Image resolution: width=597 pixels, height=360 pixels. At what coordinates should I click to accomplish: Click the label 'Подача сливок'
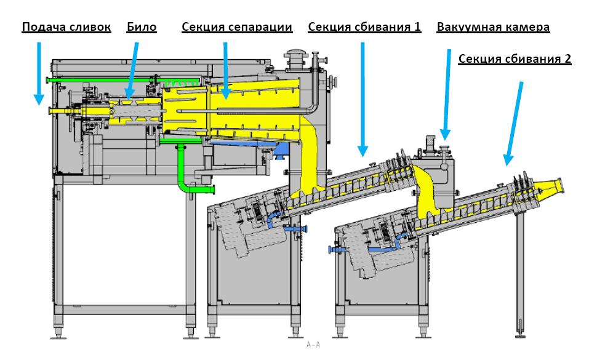tap(66, 27)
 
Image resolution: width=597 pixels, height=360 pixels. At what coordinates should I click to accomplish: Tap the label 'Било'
tap(142, 27)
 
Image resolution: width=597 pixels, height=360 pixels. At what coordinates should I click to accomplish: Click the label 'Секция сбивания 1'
tap(364, 27)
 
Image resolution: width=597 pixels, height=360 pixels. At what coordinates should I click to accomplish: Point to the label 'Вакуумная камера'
tap(493, 27)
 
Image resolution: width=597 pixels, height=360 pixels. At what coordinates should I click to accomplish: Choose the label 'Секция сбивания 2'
tap(515, 59)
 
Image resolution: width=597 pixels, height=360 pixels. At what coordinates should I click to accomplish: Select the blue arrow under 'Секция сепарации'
tap(225, 70)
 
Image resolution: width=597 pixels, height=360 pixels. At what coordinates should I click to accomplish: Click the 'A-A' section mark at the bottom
tap(313, 345)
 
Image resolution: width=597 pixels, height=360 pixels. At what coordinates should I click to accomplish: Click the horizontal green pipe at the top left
tap(98, 79)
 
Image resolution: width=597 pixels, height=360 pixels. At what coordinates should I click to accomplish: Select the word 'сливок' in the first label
tap(91, 27)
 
